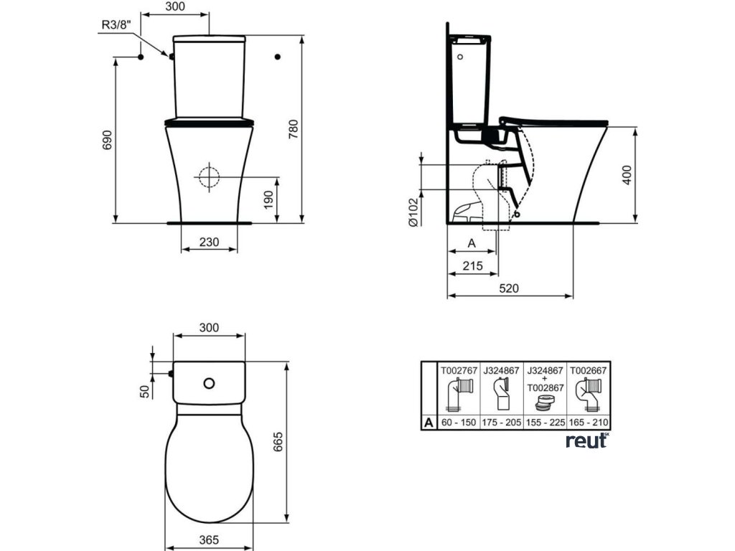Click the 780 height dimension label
pos(294,129)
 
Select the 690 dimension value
pos(108,140)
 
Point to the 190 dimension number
pos(268,200)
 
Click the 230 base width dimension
pos(209,242)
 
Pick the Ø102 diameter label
pos(413,212)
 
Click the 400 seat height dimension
pos(627,175)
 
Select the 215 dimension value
pos(472,265)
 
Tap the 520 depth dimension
pos(509,288)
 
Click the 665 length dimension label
pos(278,442)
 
